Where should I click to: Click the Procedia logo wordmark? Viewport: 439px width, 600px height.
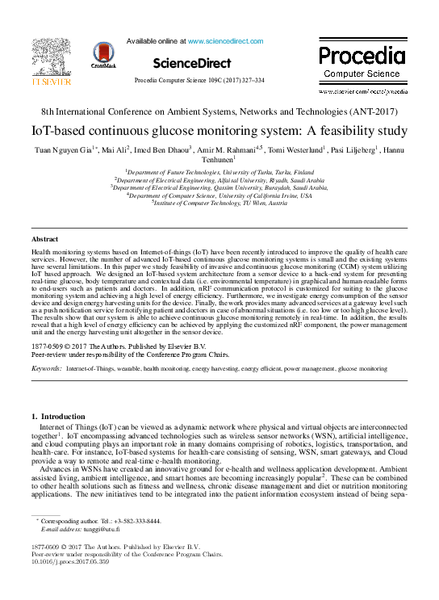pyautogui.click(x=361, y=57)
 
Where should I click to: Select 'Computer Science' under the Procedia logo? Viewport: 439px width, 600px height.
pyautogui.click(x=361, y=73)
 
